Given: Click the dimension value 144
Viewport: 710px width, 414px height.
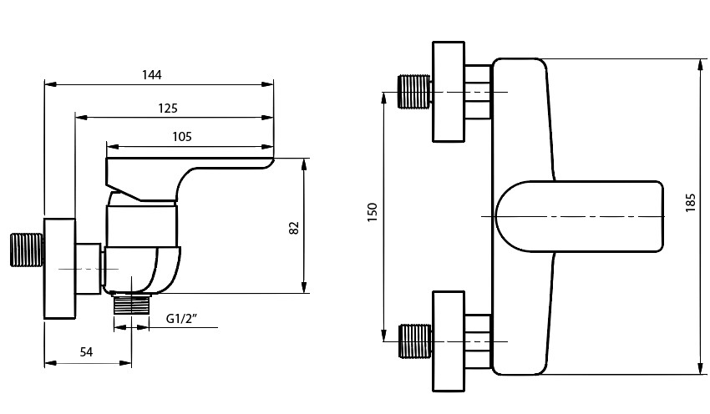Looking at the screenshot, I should coord(151,74).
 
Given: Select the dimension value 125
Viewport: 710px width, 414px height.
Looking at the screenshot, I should coord(166,108).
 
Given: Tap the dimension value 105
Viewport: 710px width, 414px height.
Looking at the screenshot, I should coord(182,136).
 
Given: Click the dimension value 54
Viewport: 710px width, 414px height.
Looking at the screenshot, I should coord(86,351).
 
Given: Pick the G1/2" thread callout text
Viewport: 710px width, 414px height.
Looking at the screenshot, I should coord(181,318).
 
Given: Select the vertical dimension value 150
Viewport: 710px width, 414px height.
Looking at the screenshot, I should coord(373,213).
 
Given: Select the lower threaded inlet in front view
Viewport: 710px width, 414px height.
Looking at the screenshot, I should coord(413,341).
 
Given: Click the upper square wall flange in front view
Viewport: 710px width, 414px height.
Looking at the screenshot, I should coord(449,91).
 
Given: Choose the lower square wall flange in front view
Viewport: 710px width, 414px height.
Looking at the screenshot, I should coord(449,341).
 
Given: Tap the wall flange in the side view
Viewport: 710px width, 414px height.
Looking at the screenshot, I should coord(58,269).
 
